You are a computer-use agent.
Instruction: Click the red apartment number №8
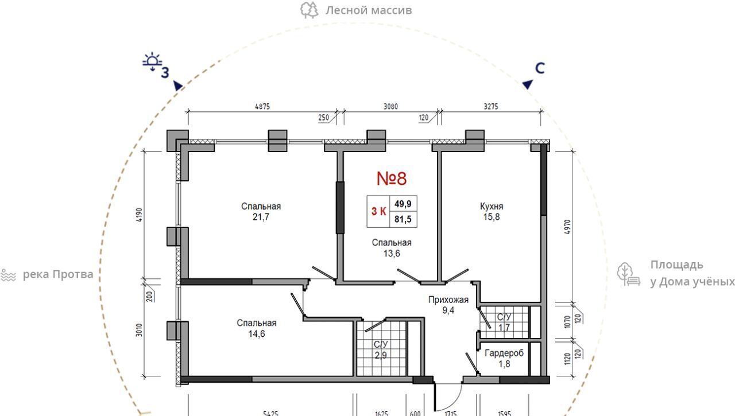point(392,178)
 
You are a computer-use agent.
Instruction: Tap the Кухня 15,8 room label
point(491,211)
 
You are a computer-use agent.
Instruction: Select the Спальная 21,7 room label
point(261,211)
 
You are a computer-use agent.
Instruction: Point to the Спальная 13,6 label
point(392,248)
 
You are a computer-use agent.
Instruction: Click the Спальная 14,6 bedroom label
point(257,328)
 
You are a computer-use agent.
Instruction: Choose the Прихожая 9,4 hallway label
point(448,305)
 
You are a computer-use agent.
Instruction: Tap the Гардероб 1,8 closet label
point(504,358)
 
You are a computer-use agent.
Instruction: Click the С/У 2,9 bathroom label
point(381,349)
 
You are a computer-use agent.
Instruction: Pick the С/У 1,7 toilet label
point(504,322)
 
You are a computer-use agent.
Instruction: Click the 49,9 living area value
point(403,204)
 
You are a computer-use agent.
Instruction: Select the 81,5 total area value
point(403,219)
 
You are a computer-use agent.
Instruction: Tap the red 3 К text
point(378,211)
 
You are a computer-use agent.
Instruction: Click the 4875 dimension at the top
point(262,107)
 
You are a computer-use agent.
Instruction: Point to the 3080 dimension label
point(390,107)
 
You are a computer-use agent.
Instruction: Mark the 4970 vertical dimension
point(568,227)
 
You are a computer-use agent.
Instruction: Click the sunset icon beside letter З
point(152,61)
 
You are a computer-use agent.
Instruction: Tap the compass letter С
point(540,68)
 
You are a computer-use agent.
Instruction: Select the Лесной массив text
point(369,10)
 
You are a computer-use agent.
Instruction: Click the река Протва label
point(58,274)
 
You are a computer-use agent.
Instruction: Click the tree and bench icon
point(628,274)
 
